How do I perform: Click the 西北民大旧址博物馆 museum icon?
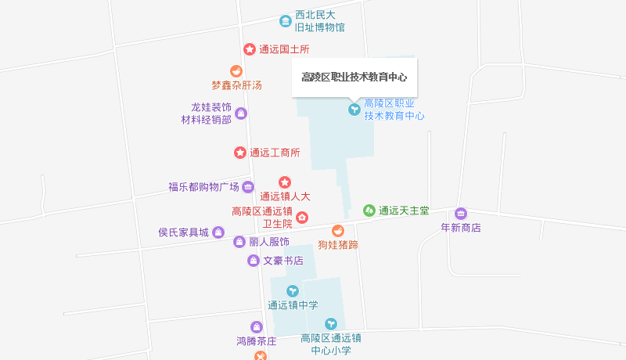(x=286, y=20)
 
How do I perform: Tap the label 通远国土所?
(x=285, y=49)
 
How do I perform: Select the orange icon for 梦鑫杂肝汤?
(x=236, y=71)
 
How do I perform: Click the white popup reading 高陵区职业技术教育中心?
(x=354, y=77)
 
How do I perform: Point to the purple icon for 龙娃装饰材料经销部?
(x=241, y=113)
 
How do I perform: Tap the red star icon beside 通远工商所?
(x=240, y=152)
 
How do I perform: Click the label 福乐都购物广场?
(x=203, y=186)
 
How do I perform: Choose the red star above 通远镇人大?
(x=285, y=182)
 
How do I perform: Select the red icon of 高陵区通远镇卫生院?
(x=302, y=217)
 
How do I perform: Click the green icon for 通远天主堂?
(x=369, y=210)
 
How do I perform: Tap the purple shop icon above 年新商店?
(x=460, y=214)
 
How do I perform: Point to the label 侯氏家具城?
(x=184, y=232)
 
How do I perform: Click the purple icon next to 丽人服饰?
(x=239, y=242)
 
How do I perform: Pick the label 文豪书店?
(x=282, y=260)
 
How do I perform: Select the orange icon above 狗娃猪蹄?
(x=337, y=231)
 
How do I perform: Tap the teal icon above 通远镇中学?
(x=293, y=291)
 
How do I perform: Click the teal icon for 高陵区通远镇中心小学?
(x=331, y=323)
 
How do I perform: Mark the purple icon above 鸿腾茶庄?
(x=256, y=327)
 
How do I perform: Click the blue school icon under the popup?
(x=354, y=109)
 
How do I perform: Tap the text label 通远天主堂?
(x=404, y=210)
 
